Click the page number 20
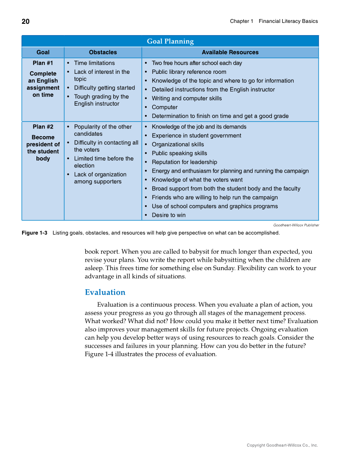point(25,22)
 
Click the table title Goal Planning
point(170,41)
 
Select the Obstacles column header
point(103,52)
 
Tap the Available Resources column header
point(230,52)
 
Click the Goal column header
point(43,52)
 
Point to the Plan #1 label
point(43,63)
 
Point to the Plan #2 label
point(43,126)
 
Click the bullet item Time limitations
point(94,63)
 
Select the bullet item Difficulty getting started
point(104,88)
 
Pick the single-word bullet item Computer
point(165,107)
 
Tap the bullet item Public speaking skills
point(179,153)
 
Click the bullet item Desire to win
point(168,215)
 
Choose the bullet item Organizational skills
point(178,144)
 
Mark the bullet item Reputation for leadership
point(184,162)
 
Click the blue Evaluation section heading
point(105,292)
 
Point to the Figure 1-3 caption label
point(34,233)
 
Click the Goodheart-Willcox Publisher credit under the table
point(296,225)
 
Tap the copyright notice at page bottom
point(282,445)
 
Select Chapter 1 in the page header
point(241,21)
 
